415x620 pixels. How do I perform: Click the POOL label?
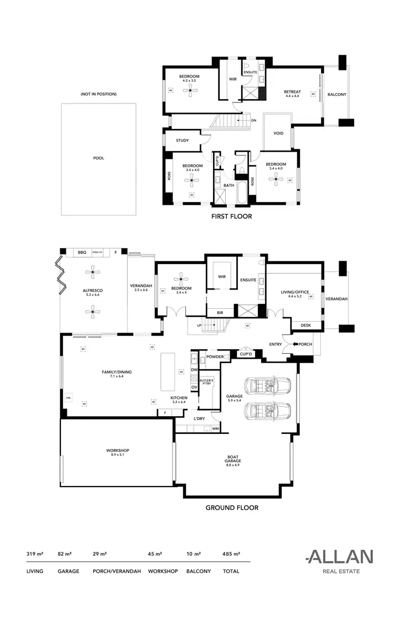98,158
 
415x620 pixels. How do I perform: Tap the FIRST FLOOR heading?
231,216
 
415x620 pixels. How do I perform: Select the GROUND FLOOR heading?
232,507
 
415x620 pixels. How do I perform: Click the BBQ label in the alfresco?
84,252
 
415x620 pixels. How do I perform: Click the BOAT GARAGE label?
232,459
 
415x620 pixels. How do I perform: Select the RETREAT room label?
293,92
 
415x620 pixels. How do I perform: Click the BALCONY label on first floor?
336,95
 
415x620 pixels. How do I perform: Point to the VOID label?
278,133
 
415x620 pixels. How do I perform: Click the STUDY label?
183,141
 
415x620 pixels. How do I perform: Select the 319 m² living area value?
34,554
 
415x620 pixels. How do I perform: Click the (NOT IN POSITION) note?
98,94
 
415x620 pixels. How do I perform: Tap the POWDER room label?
215,357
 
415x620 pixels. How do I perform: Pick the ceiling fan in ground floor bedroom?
181,280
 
